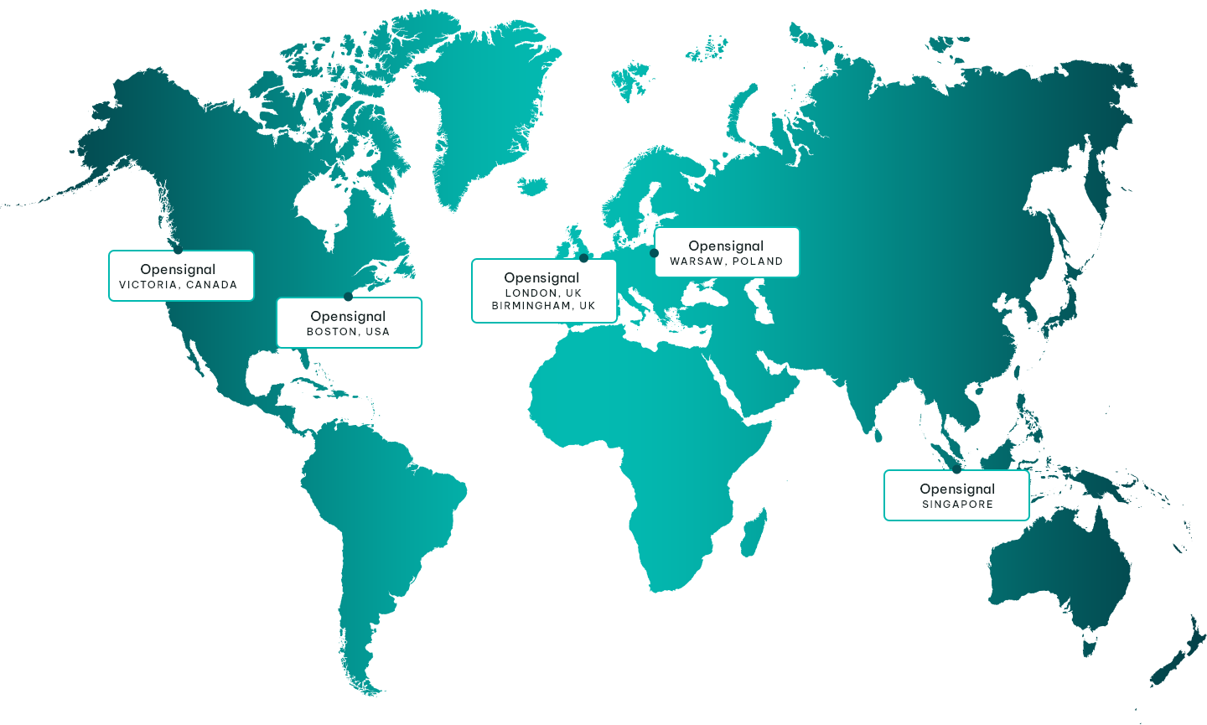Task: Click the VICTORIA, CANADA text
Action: (x=178, y=285)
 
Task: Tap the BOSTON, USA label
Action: (x=348, y=332)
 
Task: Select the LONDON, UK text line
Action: (x=543, y=293)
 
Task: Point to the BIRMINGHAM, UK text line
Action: (x=543, y=306)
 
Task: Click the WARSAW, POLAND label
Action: (x=726, y=262)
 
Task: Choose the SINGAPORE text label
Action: (x=957, y=505)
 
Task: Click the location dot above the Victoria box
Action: (x=178, y=249)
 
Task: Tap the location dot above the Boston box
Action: (x=348, y=296)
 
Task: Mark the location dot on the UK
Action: (x=583, y=257)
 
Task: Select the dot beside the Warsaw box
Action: (x=654, y=252)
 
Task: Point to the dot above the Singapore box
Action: (x=956, y=469)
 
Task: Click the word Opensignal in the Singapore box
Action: (x=957, y=489)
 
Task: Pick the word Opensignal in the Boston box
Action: (x=348, y=316)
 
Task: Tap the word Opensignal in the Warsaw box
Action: (x=726, y=246)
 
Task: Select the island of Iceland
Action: (x=532, y=184)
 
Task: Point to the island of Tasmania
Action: (x=1090, y=648)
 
